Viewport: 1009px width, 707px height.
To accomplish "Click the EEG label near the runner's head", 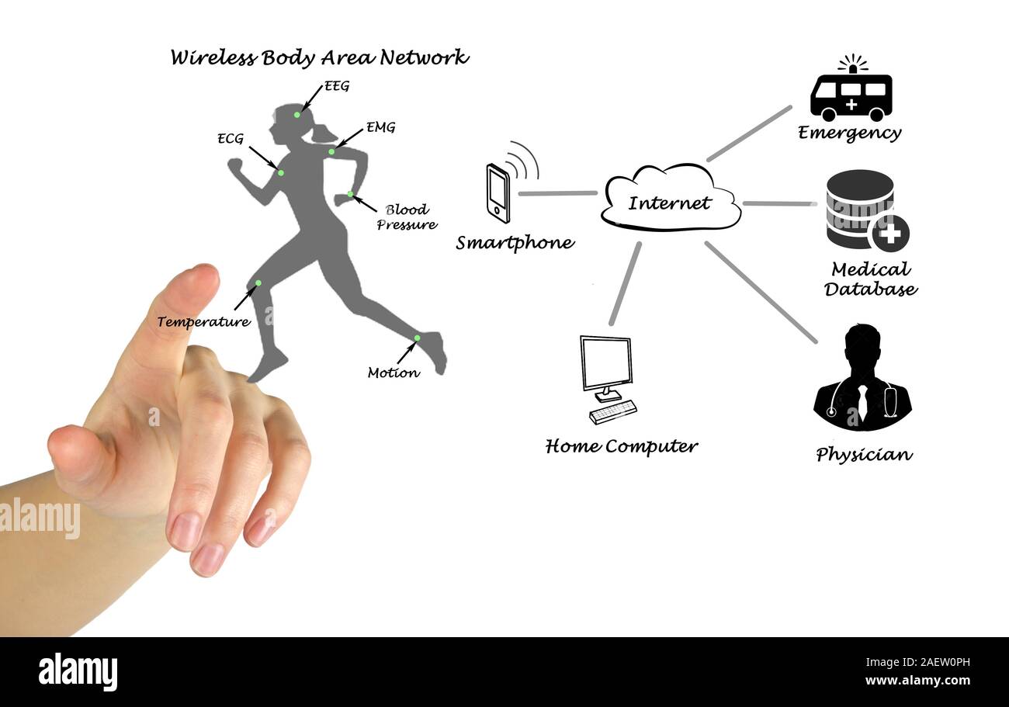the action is pyautogui.click(x=337, y=86).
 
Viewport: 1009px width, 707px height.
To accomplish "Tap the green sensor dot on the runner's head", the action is pyautogui.click(x=296, y=115).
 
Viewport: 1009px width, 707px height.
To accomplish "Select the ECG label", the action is pyautogui.click(x=231, y=138).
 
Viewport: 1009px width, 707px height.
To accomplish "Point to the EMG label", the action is pyautogui.click(x=380, y=127).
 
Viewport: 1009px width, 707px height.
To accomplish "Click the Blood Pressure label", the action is pyautogui.click(x=407, y=217).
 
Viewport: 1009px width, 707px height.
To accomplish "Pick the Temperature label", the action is pyautogui.click(x=203, y=321).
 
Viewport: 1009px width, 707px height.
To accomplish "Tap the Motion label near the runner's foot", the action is pyautogui.click(x=394, y=373).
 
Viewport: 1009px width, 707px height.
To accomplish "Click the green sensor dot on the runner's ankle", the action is pyautogui.click(x=417, y=338).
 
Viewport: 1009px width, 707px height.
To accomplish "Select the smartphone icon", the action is pyautogui.click(x=498, y=194).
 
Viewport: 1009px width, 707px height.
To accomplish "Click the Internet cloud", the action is pyautogui.click(x=671, y=198).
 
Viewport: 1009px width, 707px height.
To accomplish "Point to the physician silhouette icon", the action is pyautogui.click(x=862, y=377).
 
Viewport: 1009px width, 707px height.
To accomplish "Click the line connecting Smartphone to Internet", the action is pyautogui.click(x=557, y=194).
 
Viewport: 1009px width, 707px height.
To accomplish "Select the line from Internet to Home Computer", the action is pyautogui.click(x=625, y=284).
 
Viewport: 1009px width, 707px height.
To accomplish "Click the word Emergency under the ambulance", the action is pyautogui.click(x=850, y=133).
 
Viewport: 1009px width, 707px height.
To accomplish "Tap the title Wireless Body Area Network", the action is pyautogui.click(x=319, y=57).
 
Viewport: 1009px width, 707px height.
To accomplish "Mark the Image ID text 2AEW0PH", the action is pyautogui.click(x=917, y=662).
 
